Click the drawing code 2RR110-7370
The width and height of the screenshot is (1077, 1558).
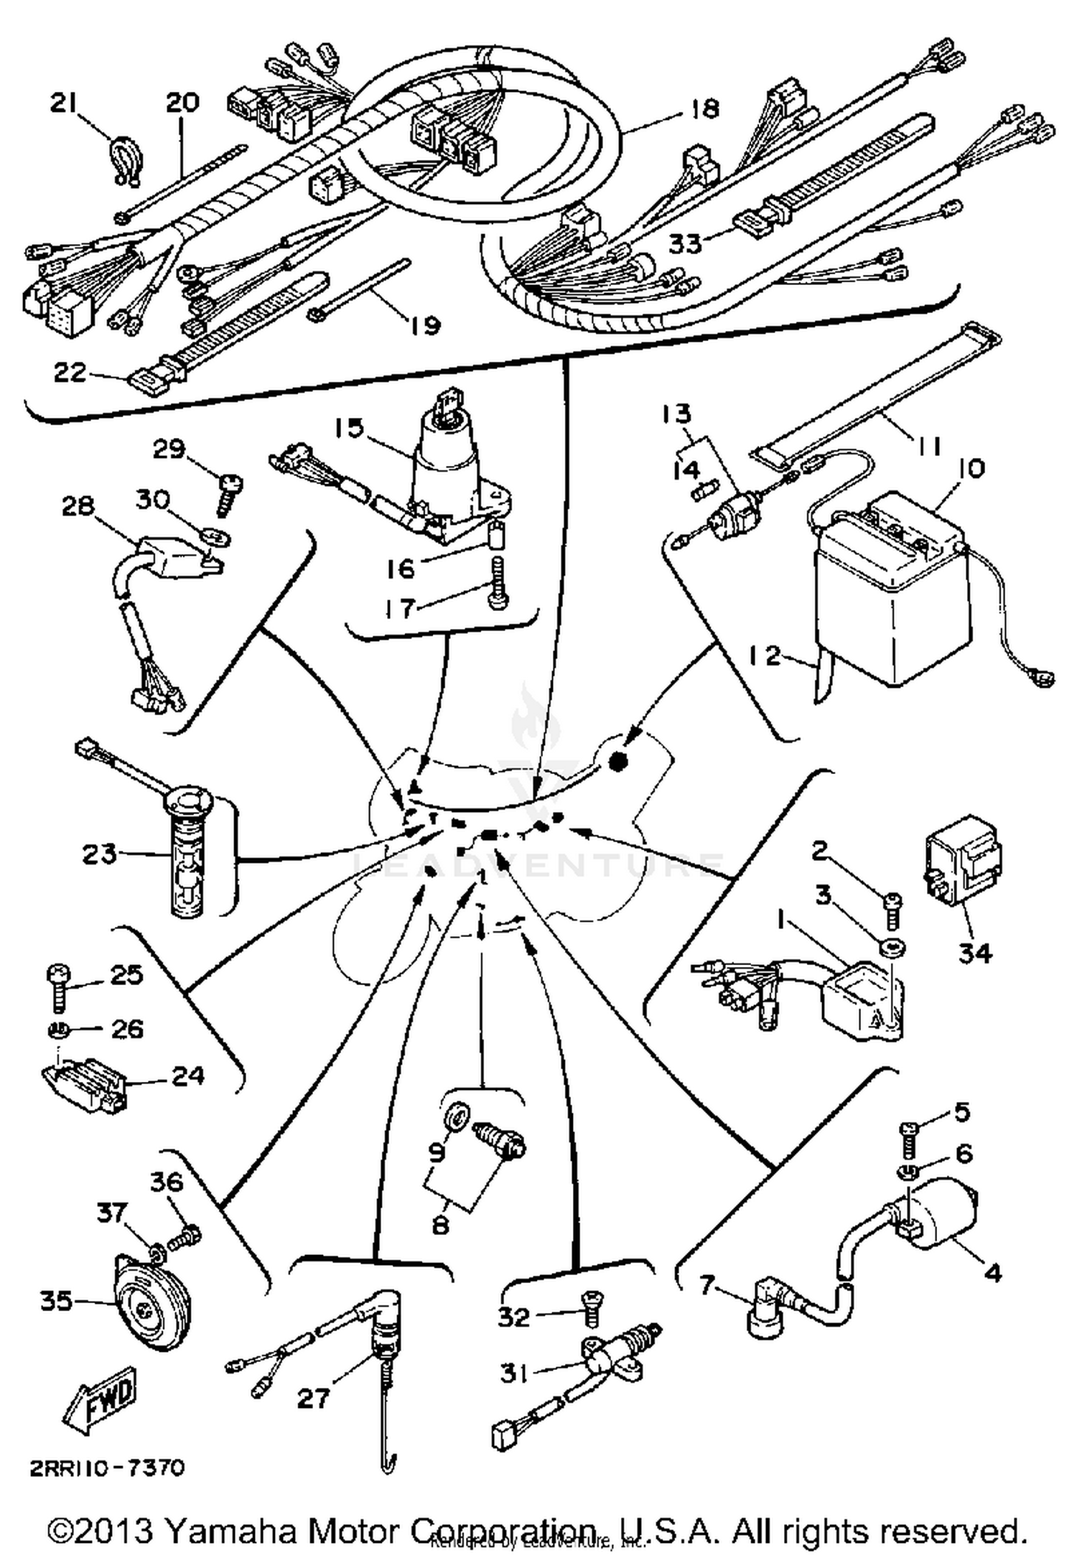[x=107, y=1468]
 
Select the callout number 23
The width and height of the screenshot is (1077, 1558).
[x=98, y=854]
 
